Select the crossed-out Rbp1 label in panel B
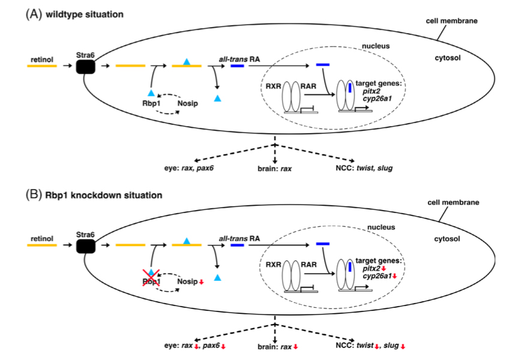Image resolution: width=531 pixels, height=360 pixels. click(x=151, y=281)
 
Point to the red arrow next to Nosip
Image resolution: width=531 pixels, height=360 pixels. click(x=202, y=282)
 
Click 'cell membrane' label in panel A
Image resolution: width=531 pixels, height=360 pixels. click(x=456, y=20)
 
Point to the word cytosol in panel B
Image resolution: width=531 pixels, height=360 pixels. click(x=449, y=239)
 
